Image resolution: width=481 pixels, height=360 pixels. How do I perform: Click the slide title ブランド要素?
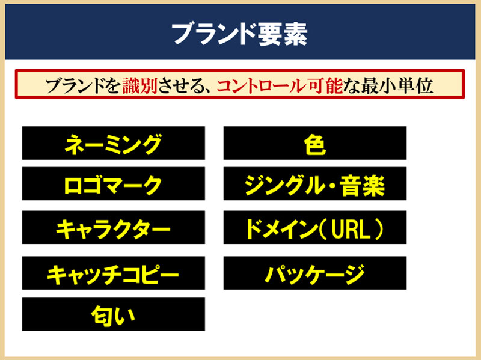(x=239, y=34)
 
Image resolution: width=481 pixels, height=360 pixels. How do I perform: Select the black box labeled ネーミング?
(x=114, y=143)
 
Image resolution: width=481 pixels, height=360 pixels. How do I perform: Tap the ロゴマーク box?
(x=114, y=184)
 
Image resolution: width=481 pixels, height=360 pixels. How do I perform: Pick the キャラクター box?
(x=114, y=227)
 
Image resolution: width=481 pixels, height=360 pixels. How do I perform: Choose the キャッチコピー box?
(x=114, y=273)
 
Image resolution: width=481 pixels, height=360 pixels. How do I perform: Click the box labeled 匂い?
(x=114, y=314)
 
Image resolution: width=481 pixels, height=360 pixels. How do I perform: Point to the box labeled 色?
(x=315, y=143)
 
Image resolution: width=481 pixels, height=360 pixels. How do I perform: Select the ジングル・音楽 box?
(x=315, y=184)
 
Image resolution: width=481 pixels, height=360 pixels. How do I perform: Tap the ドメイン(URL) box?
(x=315, y=227)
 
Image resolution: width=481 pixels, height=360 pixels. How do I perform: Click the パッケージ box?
(x=315, y=273)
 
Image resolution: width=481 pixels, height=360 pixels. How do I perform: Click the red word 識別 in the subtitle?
(x=140, y=85)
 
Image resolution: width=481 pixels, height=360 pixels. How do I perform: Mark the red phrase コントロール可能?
(x=280, y=85)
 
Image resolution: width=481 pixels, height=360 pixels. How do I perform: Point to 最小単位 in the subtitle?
(x=397, y=85)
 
